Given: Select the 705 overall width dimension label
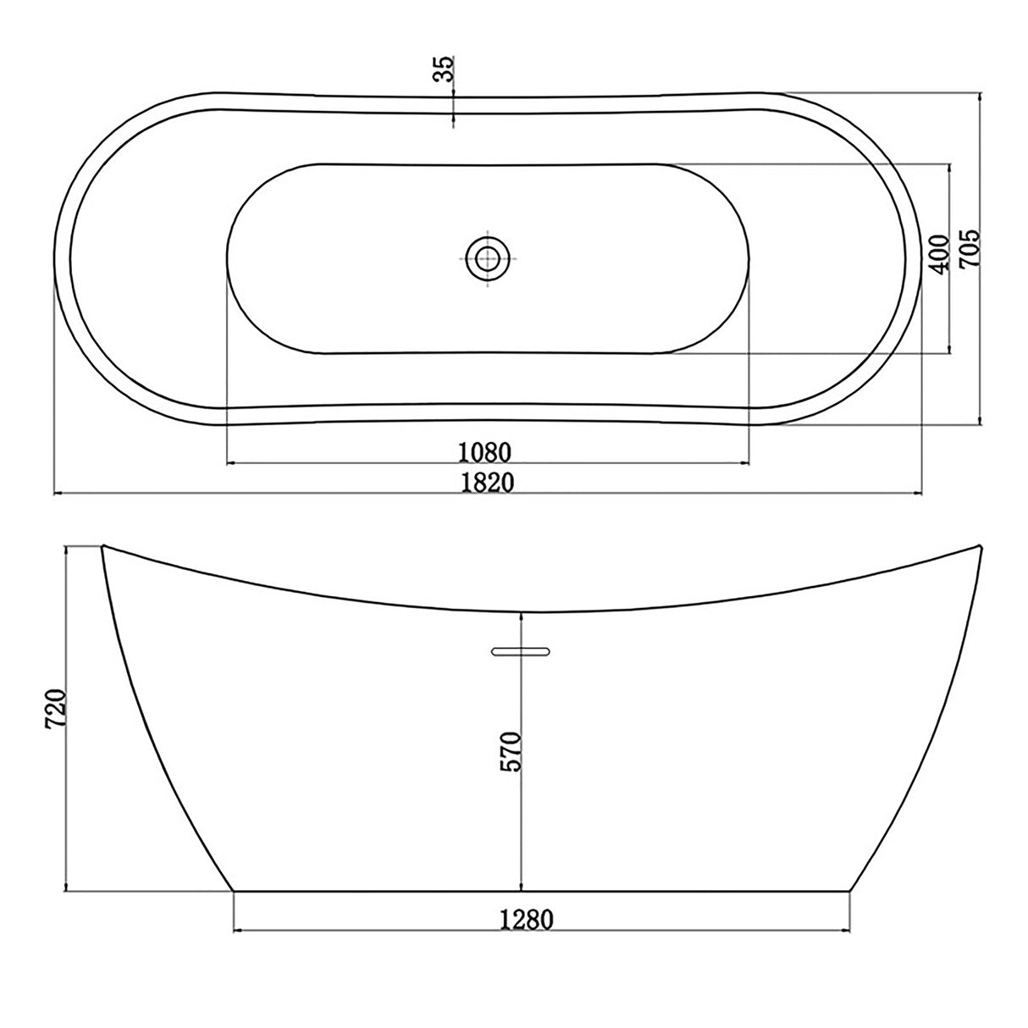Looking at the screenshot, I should click(969, 249).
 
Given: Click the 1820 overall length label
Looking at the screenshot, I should click(488, 481).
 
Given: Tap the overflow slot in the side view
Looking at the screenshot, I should click(521, 650).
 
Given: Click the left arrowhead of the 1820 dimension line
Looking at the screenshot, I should click(58, 493).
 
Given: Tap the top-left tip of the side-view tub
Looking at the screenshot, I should click(102, 546).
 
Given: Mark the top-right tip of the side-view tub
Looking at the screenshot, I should click(979, 546).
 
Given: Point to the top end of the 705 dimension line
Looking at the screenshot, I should click(980, 95).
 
